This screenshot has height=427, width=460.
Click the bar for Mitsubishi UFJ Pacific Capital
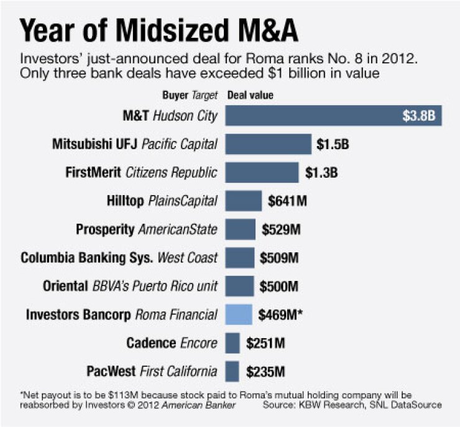pos(268,144)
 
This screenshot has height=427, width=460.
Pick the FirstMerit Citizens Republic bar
pos(262,173)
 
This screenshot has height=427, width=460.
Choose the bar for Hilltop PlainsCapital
pos(243,201)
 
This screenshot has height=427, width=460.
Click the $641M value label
pos(288,201)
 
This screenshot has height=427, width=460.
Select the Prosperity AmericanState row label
pos(146,229)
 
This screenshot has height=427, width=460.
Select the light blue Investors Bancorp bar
pos(239,315)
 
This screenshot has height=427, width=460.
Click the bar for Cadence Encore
pos(232,343)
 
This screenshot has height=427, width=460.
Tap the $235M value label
pos(265,372)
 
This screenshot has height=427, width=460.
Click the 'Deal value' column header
pos(249,96)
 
